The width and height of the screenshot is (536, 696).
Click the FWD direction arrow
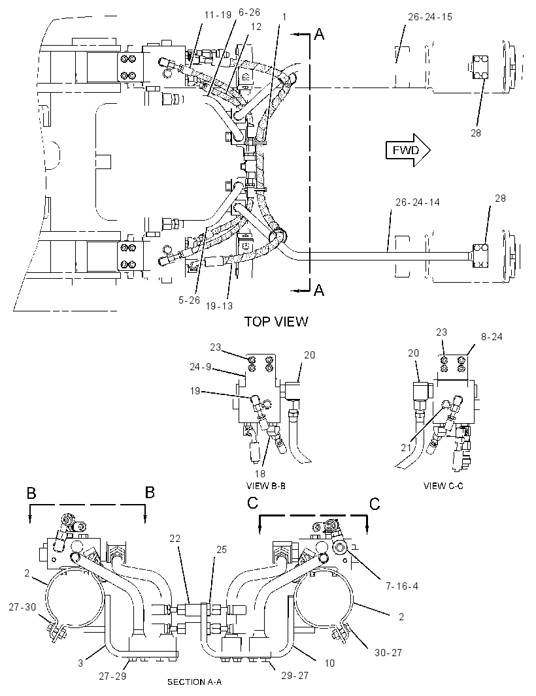point(407,150)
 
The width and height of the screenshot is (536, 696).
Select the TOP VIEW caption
point(276,321)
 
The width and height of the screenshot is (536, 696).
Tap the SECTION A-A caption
point(194,682)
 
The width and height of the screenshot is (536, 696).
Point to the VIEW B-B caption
point(266,486)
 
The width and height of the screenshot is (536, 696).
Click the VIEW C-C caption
point(443,486)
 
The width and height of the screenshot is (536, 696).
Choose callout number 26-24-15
point(429,17)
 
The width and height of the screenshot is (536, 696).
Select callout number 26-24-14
point(418,202)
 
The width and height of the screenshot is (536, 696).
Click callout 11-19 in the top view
point(218,15)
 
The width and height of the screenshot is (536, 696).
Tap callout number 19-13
point(219,306)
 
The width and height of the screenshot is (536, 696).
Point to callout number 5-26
point(190,300)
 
